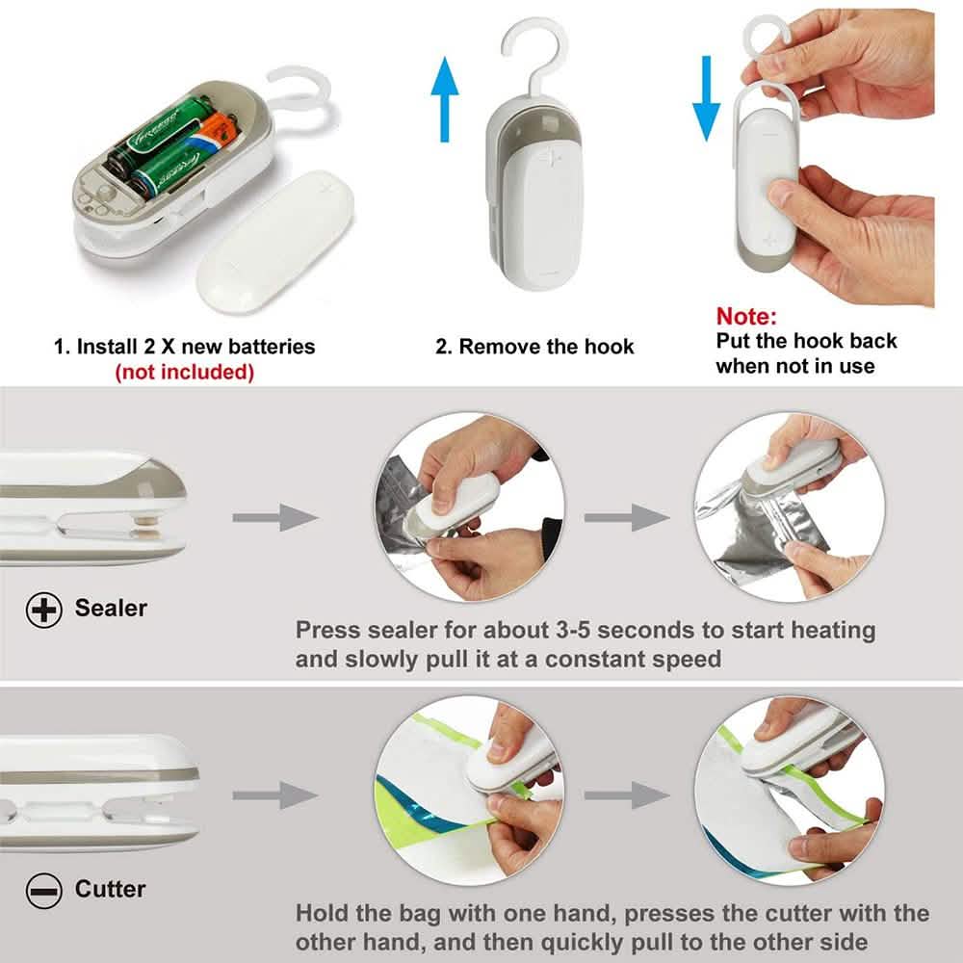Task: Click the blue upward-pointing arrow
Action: click(444, 96)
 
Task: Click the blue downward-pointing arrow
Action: click(706, 96)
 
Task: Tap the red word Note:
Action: click(746, 316)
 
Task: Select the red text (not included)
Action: click(184, 372)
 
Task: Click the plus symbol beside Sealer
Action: click(44, 609)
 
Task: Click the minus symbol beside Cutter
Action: click(44, 891)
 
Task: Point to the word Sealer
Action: click(111, 609)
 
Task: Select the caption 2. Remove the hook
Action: click(534, 347)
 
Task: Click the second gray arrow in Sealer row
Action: click(626, 517)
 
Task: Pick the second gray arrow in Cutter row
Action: click(626, 795)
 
